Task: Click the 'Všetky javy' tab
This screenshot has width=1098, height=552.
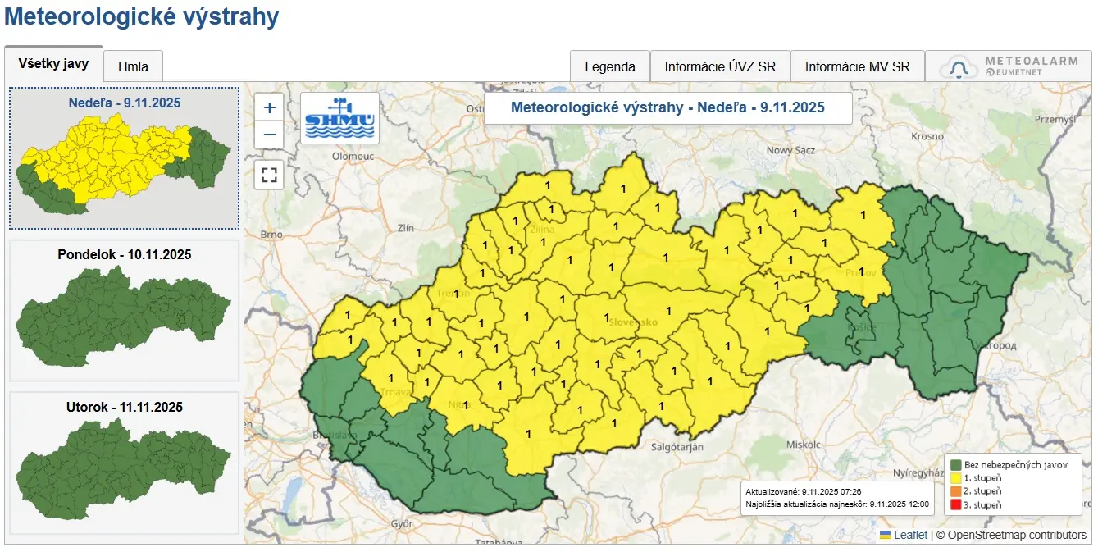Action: tap(53, 64)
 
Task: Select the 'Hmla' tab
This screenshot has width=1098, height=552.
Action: tap(133, 67)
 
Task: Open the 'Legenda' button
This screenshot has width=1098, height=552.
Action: tap(609, 67)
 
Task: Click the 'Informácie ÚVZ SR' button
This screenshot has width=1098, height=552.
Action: tap(720, 67)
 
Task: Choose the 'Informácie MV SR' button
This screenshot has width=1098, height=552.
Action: tap(857, 67)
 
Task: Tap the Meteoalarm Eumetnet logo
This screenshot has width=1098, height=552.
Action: tap(1008, 66)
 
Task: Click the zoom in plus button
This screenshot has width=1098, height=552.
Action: tap(269, 107)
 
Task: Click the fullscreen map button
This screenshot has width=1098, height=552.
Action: tap(269, 175)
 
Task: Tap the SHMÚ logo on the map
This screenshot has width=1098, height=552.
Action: tap(339, 118)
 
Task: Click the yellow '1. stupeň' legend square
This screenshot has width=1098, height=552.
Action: tap(955, 477)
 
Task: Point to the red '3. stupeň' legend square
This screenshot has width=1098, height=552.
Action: tap(955, 504)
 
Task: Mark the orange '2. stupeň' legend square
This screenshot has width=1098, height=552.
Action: tap(955, 490)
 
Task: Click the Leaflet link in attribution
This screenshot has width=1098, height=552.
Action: tap(910, 535)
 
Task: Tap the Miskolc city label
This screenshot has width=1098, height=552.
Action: tap(803, 444)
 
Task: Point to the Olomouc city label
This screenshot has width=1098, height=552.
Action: tap(353, 156)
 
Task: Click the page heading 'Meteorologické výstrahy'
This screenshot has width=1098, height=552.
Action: tap(142, 16)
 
